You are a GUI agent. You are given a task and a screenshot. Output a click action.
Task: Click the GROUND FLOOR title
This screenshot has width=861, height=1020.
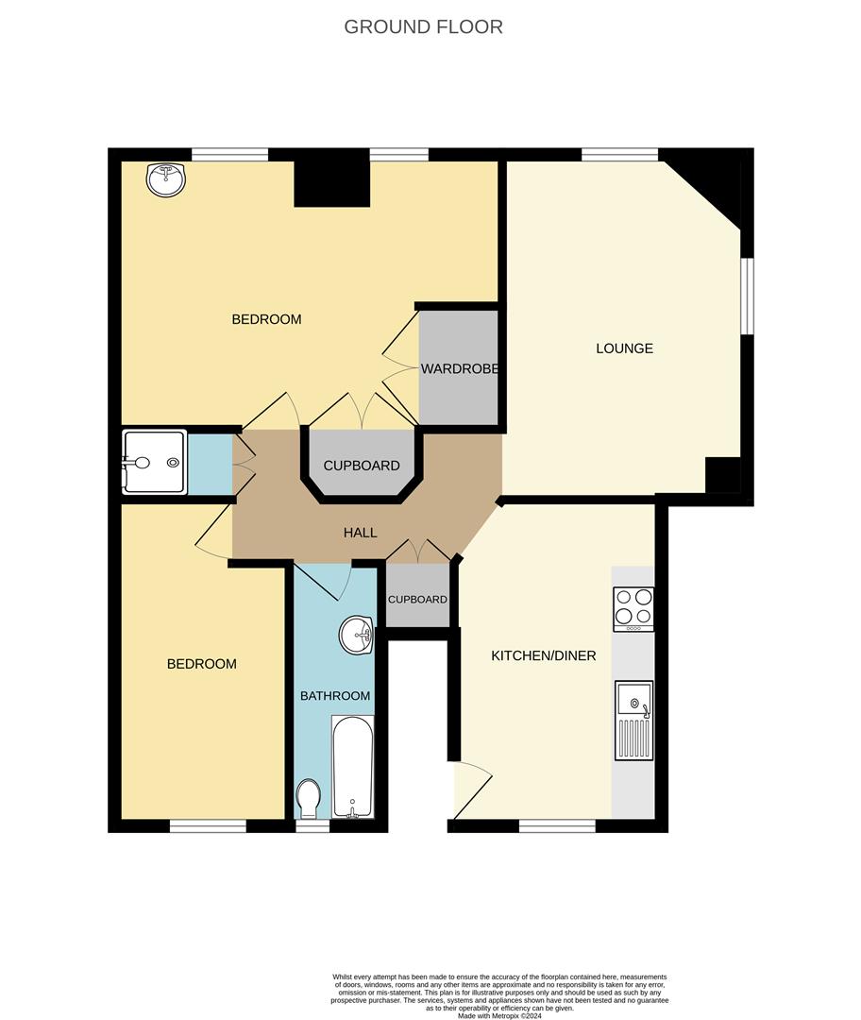tap(423, 26)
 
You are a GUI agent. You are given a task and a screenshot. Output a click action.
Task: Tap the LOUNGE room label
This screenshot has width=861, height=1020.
tap(624, 348)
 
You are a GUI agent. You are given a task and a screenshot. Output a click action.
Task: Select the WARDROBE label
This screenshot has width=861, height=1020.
tap(459, 368)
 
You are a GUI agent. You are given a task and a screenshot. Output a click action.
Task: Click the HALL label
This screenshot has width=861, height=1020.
tap(360, 533)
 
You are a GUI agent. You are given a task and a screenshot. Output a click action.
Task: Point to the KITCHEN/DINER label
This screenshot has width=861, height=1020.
tap(543, 655)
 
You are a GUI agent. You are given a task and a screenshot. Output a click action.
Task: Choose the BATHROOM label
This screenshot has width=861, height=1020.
tap(335, 696)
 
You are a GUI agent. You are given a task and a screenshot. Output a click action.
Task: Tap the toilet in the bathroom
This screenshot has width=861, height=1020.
tap(309, 799)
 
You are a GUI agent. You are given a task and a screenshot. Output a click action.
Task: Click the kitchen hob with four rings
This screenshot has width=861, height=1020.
tap(633, 609)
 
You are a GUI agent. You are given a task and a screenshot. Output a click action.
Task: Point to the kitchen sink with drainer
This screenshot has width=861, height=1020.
tap(633, 720)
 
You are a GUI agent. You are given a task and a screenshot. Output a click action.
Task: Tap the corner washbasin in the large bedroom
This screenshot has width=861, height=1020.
tap(167, 179)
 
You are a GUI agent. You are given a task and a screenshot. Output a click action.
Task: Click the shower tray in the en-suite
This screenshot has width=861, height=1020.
tap(154, 463)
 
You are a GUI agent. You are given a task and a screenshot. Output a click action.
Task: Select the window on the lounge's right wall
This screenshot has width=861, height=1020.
tap(746, 296)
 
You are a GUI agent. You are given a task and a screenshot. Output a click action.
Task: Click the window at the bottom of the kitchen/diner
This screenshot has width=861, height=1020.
tap(557, 825)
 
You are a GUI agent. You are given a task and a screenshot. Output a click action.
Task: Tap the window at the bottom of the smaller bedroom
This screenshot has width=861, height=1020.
tap(208, 825)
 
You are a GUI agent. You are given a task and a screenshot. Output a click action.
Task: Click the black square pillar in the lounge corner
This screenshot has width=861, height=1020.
tap(723, 475)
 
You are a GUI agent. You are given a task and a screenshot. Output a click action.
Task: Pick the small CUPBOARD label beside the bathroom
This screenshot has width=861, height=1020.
tap(417, 599)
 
